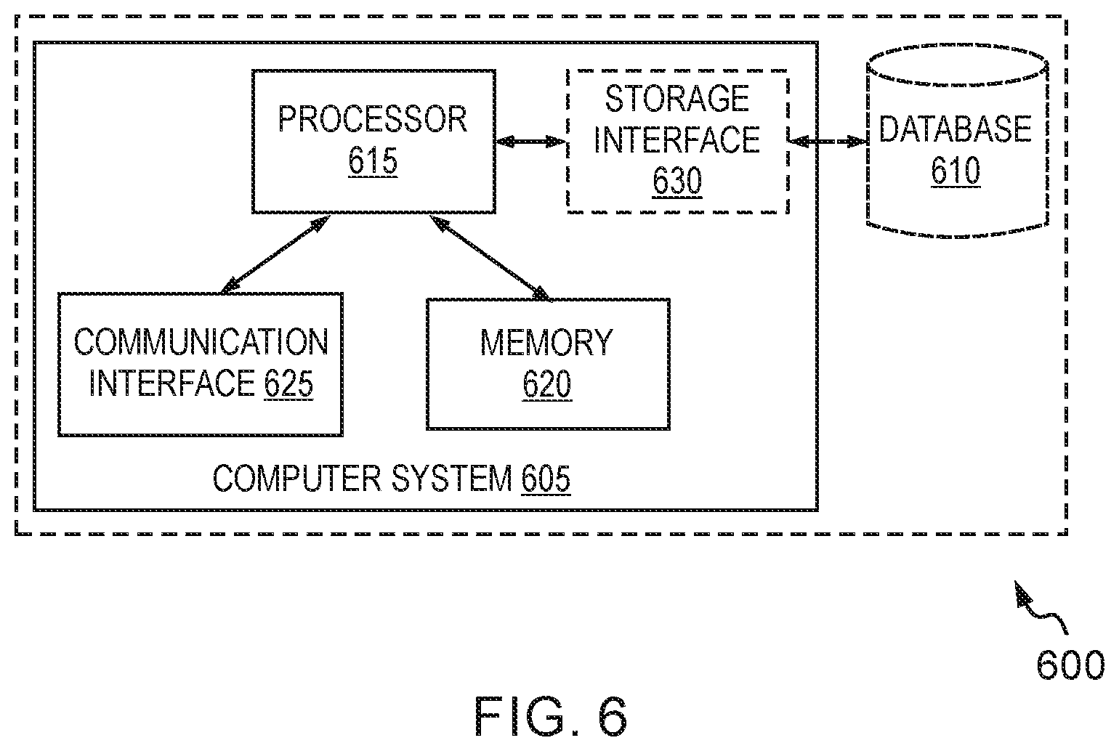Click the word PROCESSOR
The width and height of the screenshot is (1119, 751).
point(373,119)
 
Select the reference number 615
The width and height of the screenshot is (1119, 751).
point(373,161)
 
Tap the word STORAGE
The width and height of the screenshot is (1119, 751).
point(677,98)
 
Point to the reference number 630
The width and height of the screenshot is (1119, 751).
point(677,180)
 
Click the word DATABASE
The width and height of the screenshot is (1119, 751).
point(955,129)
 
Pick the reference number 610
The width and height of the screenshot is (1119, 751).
point(955,170)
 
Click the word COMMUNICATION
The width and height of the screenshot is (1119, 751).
point(201,342)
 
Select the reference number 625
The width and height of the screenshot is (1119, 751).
point(288,383)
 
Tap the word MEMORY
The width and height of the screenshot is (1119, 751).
point(546,343)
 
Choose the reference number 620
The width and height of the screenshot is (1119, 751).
point(546,384)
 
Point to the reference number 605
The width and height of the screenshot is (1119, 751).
point(546,479)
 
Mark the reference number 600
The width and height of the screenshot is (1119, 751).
point(1070,665)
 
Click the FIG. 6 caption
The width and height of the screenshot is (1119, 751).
point(551,717)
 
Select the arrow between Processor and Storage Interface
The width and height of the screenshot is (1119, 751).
point(530,142)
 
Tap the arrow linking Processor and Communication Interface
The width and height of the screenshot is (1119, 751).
point(275,255)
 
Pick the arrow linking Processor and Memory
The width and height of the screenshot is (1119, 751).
point(490,258)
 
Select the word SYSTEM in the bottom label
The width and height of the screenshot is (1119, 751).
point(452,479)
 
